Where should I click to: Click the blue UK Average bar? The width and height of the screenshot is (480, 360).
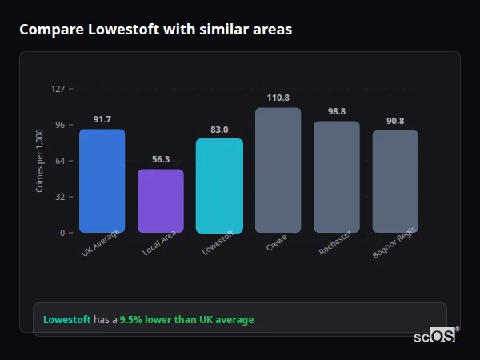point(102,181)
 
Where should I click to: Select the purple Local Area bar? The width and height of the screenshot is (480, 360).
point(161,201)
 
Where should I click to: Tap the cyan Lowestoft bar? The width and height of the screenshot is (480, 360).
point(219,186)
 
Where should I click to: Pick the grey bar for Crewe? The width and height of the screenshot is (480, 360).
point(278,170)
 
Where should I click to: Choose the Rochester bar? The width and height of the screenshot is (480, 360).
point(337,177)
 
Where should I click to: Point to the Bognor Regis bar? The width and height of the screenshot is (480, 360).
point(395,182)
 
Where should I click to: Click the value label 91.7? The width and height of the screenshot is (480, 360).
point(102,119)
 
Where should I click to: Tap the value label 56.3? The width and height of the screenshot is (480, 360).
point(161,159)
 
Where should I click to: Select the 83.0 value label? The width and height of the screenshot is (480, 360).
point(219,129)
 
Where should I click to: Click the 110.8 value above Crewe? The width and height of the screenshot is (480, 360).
point(278,98)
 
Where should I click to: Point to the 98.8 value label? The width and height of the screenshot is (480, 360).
point(337,111)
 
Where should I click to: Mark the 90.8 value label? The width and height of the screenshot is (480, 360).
point(395,121)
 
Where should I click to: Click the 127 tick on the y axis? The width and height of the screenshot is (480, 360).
point(58,89)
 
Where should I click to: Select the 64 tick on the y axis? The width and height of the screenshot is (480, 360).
point(60,161)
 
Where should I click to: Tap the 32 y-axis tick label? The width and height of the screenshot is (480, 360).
point(60,197)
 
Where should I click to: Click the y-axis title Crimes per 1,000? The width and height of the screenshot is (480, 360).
point(39,161)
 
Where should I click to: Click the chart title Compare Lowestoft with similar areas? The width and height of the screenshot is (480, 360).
point(155,30)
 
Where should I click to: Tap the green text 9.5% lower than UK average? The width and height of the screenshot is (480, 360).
point(186,320)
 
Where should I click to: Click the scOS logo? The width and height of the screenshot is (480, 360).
point(434,336)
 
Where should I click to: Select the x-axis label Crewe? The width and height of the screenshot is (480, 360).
point(276,243)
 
